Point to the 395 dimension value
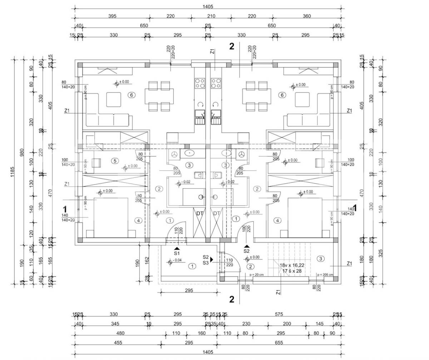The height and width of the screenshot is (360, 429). (x=112, y=16)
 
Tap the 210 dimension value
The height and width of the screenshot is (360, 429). (x=211, y=16)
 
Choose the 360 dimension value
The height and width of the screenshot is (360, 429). (x=307, y=16)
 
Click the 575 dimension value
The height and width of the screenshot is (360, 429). (x=279, y=315)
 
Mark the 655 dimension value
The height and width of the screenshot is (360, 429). (x=279, y=343)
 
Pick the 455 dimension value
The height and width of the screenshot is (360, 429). (x=118, y=343)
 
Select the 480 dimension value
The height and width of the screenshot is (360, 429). (x=120, y=334)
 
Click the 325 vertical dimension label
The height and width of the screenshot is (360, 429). (x=380, y=253)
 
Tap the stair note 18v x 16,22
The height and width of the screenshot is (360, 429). (x=293, y=266)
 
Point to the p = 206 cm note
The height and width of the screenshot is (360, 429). (x=325, y=275)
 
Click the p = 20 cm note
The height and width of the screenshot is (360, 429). (x=257, y=275)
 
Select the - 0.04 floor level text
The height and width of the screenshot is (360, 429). (x=178, y=260)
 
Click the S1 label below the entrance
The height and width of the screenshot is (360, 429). (x=177, y=253)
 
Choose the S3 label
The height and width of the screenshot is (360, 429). (x=206, y=263)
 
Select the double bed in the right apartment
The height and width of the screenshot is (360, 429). (x=309, y=217)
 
